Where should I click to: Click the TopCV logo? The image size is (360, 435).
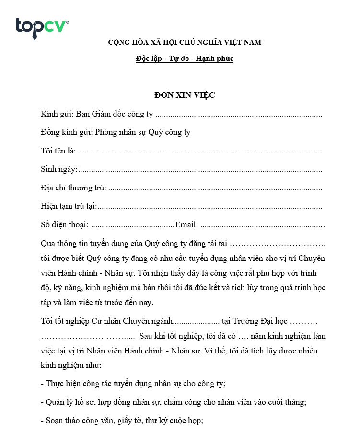click(x=42, y=27)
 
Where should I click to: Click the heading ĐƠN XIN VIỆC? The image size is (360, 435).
click(x=185, y=95)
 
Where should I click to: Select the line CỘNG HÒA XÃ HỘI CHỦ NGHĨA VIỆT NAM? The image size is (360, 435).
click(x=185, y=42)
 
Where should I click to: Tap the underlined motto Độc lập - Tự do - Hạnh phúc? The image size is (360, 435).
click(x=185, y=59)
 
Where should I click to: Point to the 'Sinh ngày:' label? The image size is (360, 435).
click(x=59, y=169)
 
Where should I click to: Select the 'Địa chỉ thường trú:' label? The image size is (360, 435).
click(x=73, y=188)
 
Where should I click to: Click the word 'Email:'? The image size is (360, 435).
click(x=187, y=225)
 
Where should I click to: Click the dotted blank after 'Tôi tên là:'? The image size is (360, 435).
click(x=200, y=152)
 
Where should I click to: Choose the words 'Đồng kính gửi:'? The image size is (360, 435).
click(x=67, y=132)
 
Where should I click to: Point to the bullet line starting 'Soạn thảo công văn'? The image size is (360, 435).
click(x=122, y=421)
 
